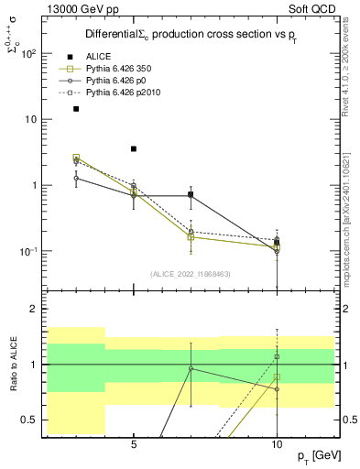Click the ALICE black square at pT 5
(134, 148)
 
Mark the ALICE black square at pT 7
(191, 194)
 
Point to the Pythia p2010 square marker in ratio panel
(277, 356)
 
